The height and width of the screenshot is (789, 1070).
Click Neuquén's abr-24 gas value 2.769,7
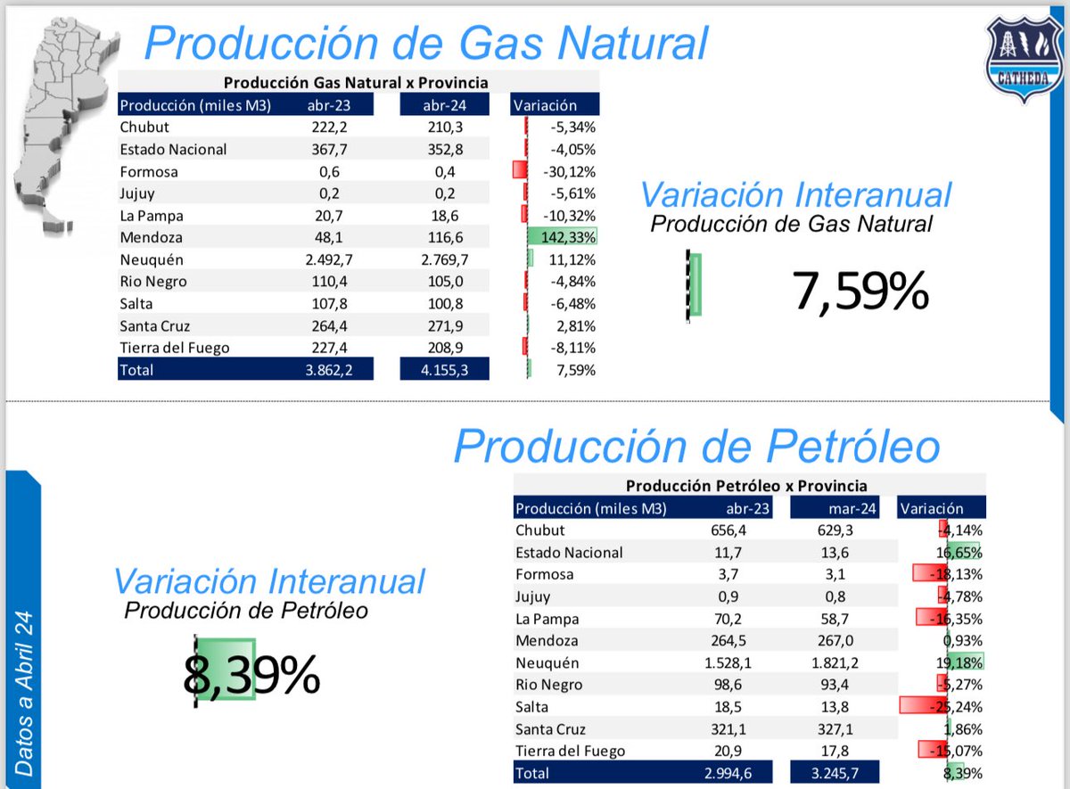(x=444, y=259)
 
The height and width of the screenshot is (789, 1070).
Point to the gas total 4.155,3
(x=444, y=369)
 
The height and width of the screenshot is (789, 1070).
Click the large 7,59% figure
(x=860, y=292)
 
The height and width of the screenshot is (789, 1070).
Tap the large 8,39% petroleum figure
(x=251, y=674)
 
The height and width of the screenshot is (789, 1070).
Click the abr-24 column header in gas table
(x=444, y=105)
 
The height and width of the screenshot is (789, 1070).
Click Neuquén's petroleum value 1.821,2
(x=835, y=663)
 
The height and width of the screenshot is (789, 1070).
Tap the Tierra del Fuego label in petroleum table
(x=570, y=751)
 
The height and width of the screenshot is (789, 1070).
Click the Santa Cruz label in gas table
(x=155, y=325)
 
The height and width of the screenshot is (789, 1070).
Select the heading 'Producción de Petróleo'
(x=696, y=446)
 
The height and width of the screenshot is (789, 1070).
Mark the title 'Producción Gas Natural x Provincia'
(x=356, y=83)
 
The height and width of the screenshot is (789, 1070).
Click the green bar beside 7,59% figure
(x=695, y=284)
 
